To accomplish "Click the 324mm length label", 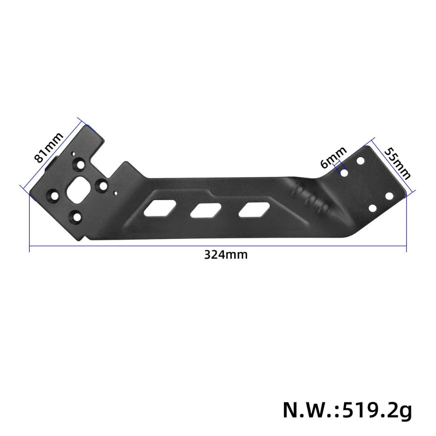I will [x=226, y=255].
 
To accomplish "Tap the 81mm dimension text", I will [x=49, y=147].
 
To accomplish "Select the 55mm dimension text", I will [x=397, y=163].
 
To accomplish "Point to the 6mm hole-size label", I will [x=333, y=157].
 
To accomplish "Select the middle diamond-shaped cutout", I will [x=206, y=210].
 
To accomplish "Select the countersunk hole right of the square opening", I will [x=103, y=186].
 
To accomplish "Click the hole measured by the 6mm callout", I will [x=344, y=173].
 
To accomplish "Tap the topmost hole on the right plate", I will [x=361, y=161].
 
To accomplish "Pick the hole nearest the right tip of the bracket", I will [x=389, y=196].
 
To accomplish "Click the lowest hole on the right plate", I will [x=373, y=208].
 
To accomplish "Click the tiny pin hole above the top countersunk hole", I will [x=73, y=154].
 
